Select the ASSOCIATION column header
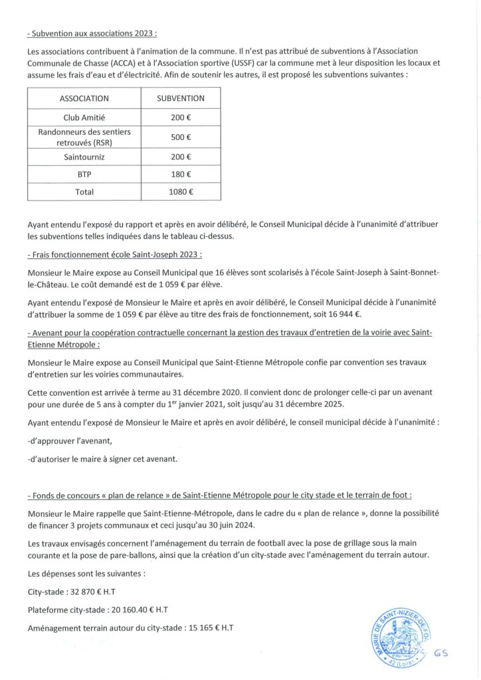tap(84, 98)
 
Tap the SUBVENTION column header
tap(180, 98)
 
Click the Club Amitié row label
tap(84, 118)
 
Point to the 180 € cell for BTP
tap(180, 175)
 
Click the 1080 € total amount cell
tap(180, 192)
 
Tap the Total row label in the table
tap(84, 192)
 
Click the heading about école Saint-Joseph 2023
tap(115, 255)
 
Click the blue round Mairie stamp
tap(397, 636)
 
